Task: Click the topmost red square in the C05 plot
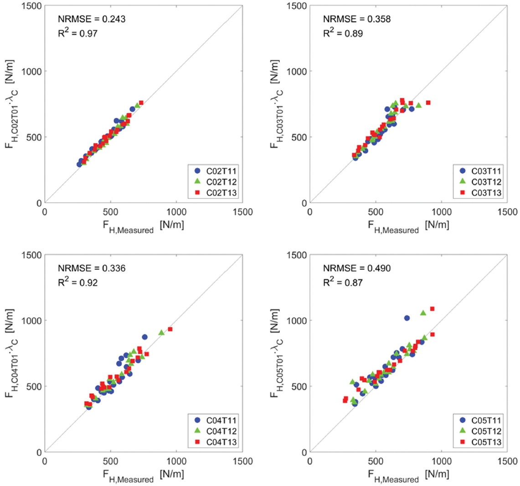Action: click(x=432, y=309)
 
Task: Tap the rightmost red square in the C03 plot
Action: click(x=428, y=103)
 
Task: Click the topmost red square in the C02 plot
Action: click(x=141, y=103)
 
